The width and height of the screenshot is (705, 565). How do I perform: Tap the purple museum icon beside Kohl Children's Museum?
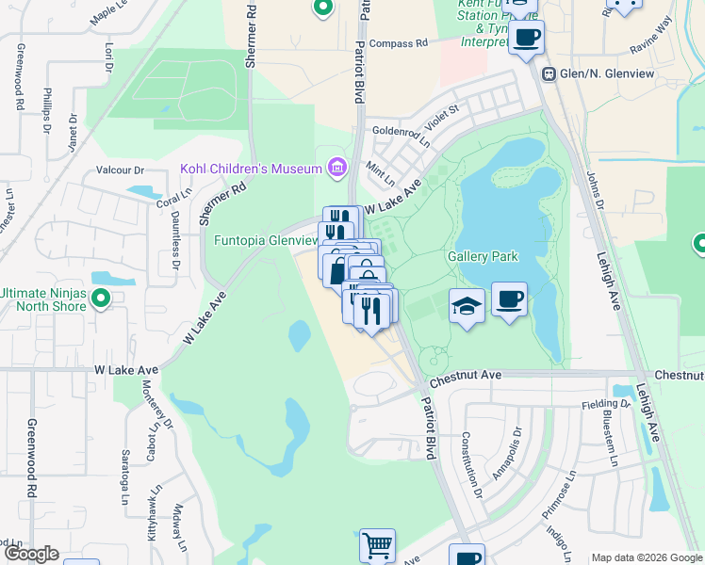coord(336,169)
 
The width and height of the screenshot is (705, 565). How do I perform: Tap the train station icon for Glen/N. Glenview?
coord(548,73)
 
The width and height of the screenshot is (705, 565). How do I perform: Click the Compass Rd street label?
coord(398,43)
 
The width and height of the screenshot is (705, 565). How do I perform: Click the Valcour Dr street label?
coord(120,170)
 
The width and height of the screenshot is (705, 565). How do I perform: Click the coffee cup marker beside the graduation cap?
coord(510,299)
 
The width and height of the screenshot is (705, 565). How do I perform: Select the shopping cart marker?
coord(377,545)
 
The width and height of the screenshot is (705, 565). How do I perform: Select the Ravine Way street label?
coord(651,39)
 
